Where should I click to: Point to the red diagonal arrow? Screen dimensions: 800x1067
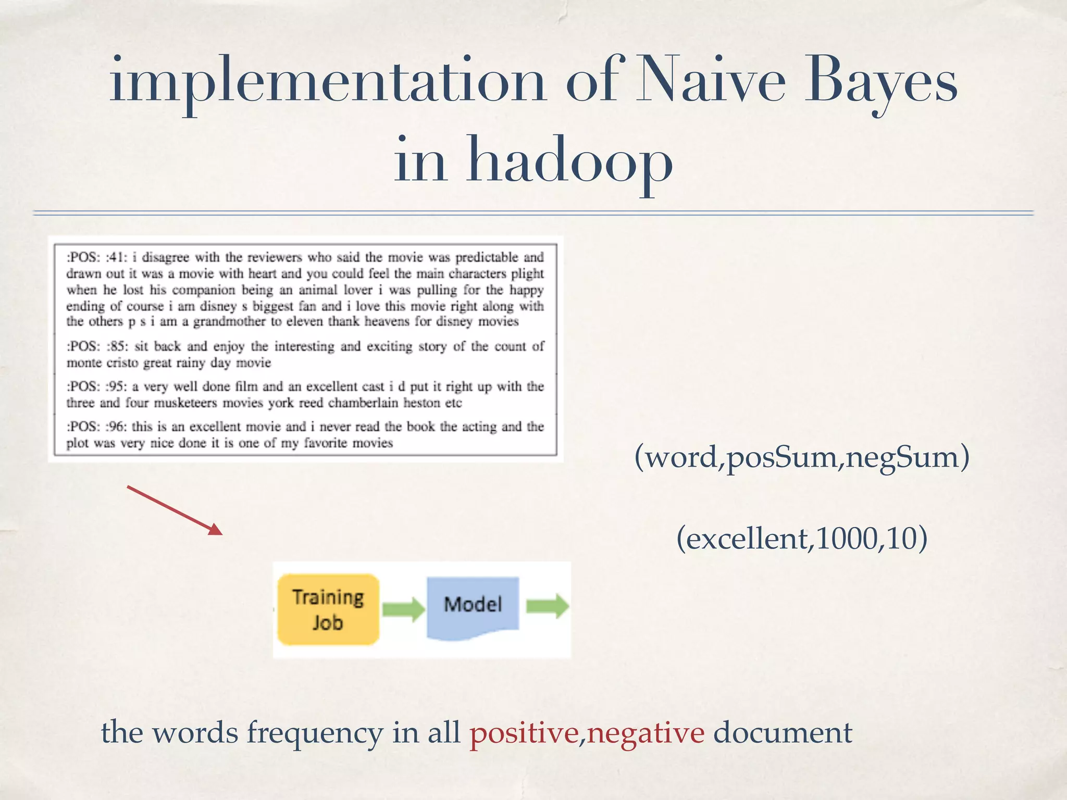(175, 510)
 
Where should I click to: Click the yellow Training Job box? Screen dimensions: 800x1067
(328, 609)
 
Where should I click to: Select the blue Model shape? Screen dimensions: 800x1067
(473, 607)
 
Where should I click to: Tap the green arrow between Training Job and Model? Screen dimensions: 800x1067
(403, 608)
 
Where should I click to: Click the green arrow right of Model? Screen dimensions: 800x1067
(547, 606)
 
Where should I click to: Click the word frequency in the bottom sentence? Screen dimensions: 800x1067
(315, 733)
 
